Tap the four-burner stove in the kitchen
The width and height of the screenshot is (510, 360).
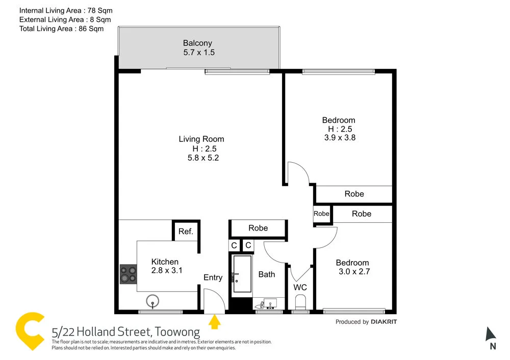point(128,274)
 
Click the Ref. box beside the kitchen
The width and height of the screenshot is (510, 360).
point(186,232)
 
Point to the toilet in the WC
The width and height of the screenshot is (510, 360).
point(301,302)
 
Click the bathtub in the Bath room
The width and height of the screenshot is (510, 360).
point(242,275)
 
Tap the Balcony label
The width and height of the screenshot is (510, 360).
point(197,43)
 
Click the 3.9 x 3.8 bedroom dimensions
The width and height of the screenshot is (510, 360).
point(339,137)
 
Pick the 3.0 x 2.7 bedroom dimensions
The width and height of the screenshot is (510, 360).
point(354,272)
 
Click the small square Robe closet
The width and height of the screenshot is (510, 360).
point(321,214)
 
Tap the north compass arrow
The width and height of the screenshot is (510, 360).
point(491,335)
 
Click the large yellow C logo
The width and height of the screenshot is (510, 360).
point(31,331)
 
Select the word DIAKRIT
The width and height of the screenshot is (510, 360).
point(384,322)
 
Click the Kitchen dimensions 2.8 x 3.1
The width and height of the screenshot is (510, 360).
point(167,271)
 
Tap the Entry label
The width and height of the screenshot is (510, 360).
point(213,277)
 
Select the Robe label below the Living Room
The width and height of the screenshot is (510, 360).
point(258,228)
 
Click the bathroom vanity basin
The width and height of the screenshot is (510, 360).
point(266,304)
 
